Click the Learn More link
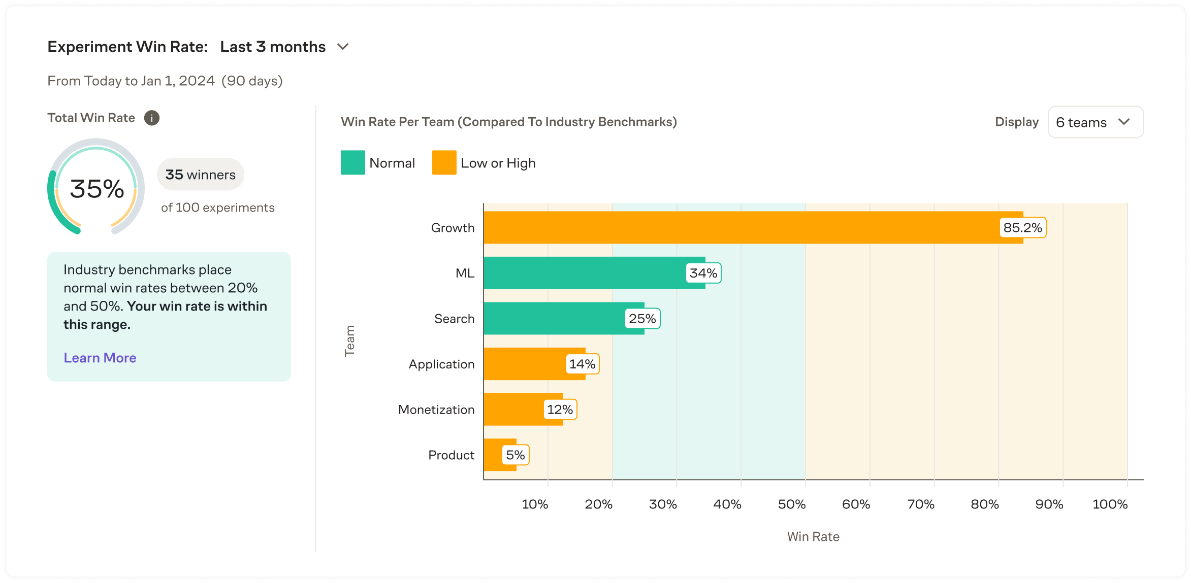point(100,358)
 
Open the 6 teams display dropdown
point(1096,122)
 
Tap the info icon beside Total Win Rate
point(152,118)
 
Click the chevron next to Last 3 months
point(343,47)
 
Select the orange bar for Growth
point(736,227)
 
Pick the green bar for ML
point(584,273)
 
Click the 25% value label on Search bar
point(642,319)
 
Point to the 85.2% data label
point(1022,228)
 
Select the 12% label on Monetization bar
point(560,409)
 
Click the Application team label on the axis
point(441,364)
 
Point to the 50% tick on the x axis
point(792,504)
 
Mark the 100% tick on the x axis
point(1110,504)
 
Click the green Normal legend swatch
point(353,163)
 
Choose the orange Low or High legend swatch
point(444,163)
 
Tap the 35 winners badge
point(201,175)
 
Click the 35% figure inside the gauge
point(96,189)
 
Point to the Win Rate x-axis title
point(813,537)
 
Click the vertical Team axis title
point(349,341)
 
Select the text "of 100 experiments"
point(217,208)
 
